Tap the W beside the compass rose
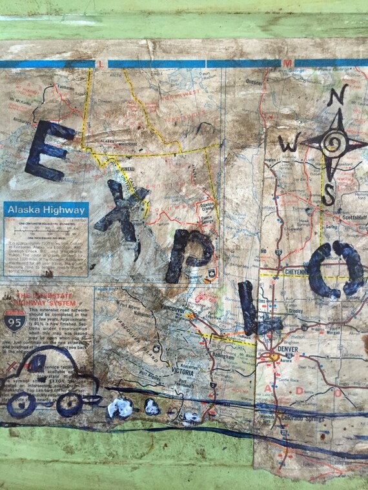coord(292,144)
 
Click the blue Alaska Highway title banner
coord(45,210)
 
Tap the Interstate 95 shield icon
coord(15,322)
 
